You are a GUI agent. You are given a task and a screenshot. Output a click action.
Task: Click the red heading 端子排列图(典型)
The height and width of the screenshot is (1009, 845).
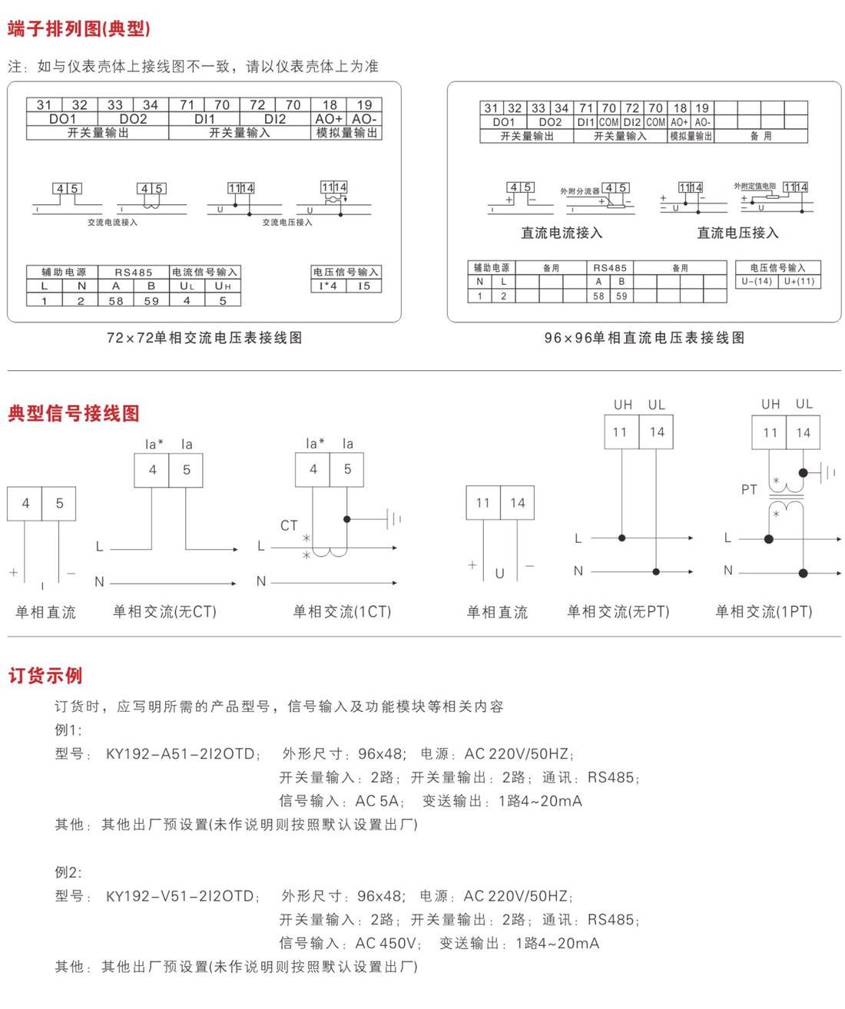pyautogui.click(x=79, y=29)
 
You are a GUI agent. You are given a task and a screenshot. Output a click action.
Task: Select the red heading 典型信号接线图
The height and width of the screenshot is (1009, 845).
pyautogui.click(x=74, y=414)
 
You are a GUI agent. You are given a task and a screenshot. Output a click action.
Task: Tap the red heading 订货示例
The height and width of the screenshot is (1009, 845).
pyautogui.click(x=45, y=676)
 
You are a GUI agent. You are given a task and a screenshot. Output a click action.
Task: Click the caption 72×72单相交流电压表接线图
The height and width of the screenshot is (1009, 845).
pyautogui.click(x=204, y=338)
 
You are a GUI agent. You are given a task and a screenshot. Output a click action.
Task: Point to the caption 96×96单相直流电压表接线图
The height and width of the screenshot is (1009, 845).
pyautogui.click(x=645, y=338)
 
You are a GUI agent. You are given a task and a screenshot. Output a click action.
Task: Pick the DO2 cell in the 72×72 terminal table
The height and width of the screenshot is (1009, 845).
pyautogui.click(x=133, y=119)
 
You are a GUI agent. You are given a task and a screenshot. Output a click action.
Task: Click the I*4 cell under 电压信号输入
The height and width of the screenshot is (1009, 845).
pyautogui.click(x=328, y=286)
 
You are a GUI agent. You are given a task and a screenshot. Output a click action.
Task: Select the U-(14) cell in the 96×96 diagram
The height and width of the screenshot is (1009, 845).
pyautogui.click(x=756, y=281)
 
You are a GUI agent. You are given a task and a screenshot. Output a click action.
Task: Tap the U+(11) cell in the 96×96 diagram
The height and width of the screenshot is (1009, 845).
pyautogui.click(x=799, y=281)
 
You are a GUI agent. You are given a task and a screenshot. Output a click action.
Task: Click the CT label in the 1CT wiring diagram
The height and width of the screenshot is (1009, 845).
pyautogui.click(x=289, y=525)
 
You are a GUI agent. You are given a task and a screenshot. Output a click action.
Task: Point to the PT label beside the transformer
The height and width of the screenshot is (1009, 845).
pyautogui.click(x=749, y=489)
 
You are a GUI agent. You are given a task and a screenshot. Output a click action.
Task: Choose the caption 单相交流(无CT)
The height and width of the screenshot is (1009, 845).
pyautogui.click(x=164, y=612)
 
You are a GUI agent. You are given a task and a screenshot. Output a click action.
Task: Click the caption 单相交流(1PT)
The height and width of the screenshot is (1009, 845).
pyautogui.click(x=764, y=612)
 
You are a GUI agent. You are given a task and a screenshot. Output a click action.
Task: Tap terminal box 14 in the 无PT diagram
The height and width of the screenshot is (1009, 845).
pyautogui.click(x=657, y=432)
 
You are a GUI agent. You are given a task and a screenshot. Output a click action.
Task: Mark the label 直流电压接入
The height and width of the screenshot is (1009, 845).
pyautogui.click(x=737, y=233)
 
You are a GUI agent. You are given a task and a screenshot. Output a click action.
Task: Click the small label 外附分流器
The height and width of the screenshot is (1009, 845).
pyautogui.click(x=579, y=191)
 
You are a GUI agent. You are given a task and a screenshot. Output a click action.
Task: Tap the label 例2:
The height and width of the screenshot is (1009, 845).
pyautogui.click(x=68, y=872)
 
